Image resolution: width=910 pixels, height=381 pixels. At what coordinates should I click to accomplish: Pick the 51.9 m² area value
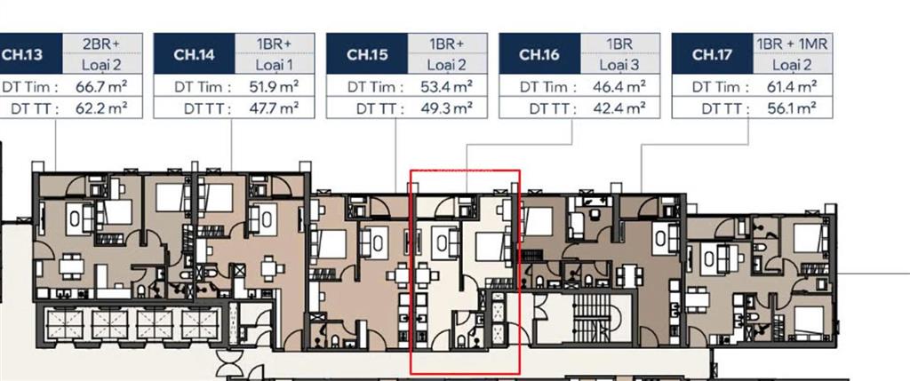(x=272, y=87)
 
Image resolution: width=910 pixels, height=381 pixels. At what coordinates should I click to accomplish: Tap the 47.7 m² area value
(x=272, y=108)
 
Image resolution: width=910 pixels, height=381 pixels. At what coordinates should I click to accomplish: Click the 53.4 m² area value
(x=445, y=87)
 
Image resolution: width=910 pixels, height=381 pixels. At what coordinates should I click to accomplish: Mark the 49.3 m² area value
(x=445, y=108)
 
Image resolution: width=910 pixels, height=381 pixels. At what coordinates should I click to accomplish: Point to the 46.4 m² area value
(x=618, y=87)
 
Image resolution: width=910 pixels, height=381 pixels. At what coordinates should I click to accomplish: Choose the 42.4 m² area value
(x=618, y=108)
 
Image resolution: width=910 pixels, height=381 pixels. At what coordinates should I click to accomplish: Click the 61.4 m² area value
(x=790, y=87)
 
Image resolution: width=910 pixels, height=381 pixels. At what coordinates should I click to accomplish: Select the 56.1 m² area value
(x=790, y=108)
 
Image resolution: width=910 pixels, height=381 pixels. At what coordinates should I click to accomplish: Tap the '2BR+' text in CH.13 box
(x=100, y=44)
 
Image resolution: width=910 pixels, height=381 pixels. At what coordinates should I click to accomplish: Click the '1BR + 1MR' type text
(x=791, y=44)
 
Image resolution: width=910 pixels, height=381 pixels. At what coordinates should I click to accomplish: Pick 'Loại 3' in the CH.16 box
(x=619, y=65)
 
